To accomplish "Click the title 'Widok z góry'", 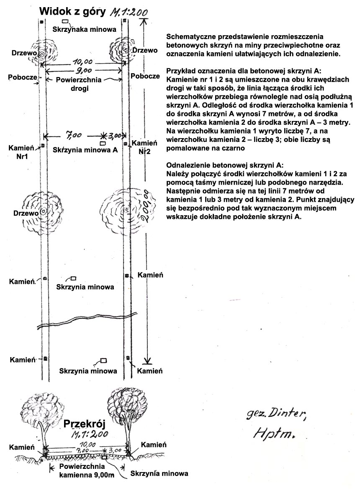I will [72, 12].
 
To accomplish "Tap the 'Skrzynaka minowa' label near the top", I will [84, 29].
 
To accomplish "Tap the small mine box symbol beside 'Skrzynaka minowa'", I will [65, 21].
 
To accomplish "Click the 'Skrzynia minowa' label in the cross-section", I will [159, 474].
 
